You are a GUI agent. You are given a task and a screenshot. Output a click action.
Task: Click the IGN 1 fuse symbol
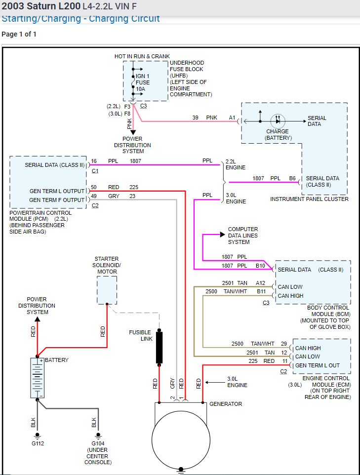pyautogui.click(x=133, y=82)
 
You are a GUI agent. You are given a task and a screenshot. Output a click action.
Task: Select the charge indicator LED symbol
pyautogui.click(x=278, y=121)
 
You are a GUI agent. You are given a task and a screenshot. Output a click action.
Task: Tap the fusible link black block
pyautogui.click(x=160, y=348)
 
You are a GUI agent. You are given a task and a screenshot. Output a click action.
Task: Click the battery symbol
pyautogui.click(x=37, y=377)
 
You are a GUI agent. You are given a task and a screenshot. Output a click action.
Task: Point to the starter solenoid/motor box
pyautogui.click(x=107, y=290)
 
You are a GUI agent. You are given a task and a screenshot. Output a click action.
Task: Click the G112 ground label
pyautogui.click(x=37, y=443)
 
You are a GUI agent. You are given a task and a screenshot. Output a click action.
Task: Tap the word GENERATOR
pyautogui.click(x=226, y=404)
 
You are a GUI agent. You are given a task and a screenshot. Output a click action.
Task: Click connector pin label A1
pyautogui.click(x=232, y=118)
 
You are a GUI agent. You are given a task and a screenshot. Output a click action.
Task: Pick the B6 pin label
pyautogui.click(x=292, y=178)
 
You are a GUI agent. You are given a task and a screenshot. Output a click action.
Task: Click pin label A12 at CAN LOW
pyautogui.click(x=260, y=283)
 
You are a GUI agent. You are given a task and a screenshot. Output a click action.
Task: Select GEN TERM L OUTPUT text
pyautogui.click(x=57, y=191)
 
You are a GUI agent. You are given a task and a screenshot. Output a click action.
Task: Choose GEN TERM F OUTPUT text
pyautogui.click(x=57, y=200)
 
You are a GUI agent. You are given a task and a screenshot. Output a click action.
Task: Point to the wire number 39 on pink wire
pyautogui.click(x=196, y=118)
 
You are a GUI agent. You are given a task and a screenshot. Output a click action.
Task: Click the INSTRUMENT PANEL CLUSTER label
pyautogui.click(x=309, y=199)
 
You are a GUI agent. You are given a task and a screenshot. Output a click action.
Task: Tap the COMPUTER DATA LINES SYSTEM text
pyautogui.click(x=242, y=236)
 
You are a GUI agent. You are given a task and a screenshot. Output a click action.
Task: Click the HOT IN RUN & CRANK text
pyautogui.click(x=142, y=56)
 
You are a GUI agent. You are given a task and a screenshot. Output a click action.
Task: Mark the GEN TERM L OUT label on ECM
pyautogui.click(x=317, y=365)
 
